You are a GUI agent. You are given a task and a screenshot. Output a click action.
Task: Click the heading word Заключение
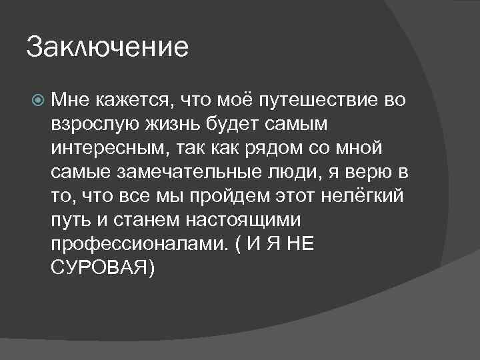pyautogui.click(x=108, y=48)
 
